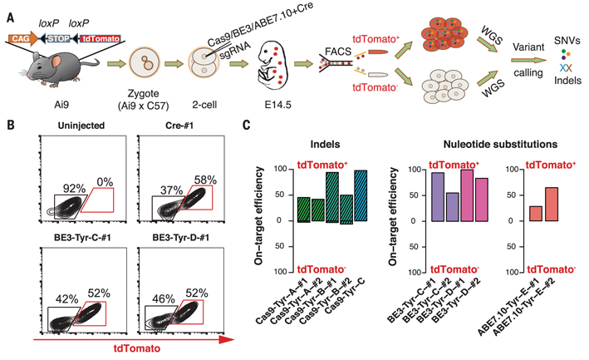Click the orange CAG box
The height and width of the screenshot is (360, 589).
pos(25,37)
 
